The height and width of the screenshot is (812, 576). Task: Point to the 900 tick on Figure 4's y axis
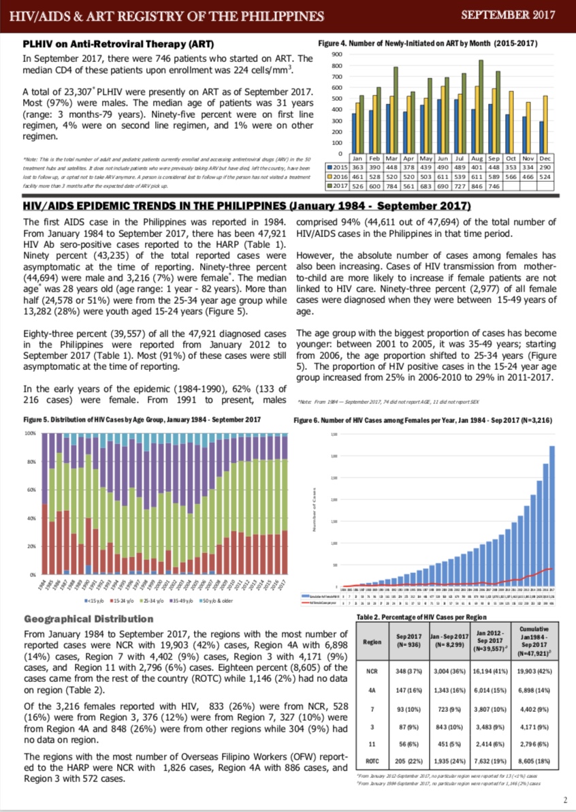pos(336,54)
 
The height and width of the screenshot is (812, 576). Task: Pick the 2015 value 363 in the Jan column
pos(357,167)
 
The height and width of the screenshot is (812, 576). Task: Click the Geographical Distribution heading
pos(89,619)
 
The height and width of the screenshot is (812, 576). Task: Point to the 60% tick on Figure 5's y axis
pos(31,490)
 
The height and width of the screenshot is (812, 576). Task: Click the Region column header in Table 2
pos(372,642)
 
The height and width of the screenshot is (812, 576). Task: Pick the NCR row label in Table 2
pos(372,671)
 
